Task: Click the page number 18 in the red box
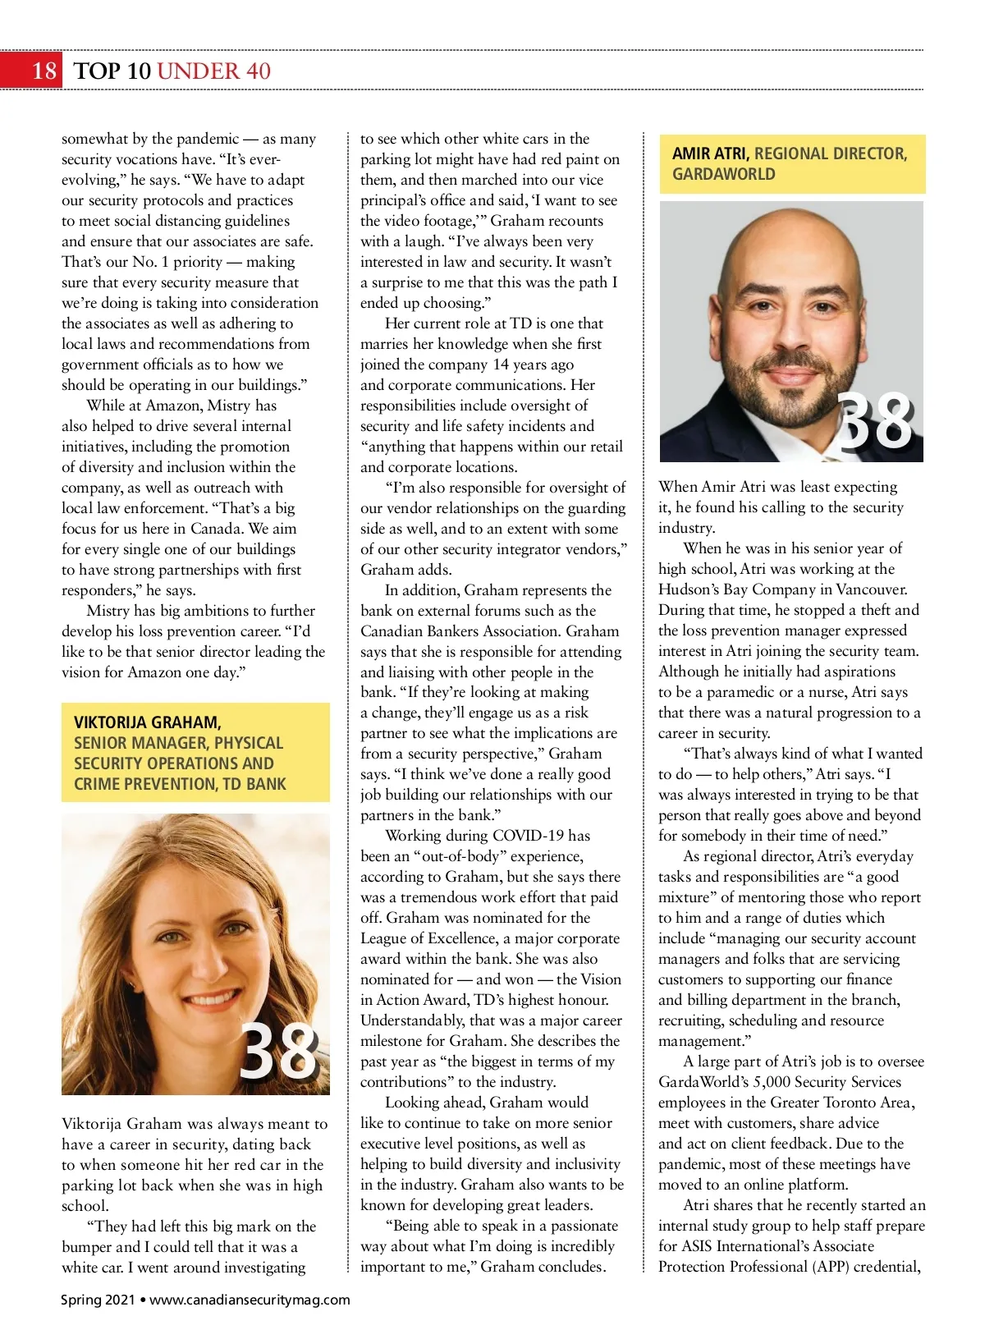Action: point(44,71)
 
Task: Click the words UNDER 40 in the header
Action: point(213,71)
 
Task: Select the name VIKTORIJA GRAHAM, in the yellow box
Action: point(148,722)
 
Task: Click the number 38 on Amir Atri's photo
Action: point(875,422)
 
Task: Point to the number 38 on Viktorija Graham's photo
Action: point(277,1051)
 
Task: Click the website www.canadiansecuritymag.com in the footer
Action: point(250,1300)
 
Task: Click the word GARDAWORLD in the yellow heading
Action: point(723,174)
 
